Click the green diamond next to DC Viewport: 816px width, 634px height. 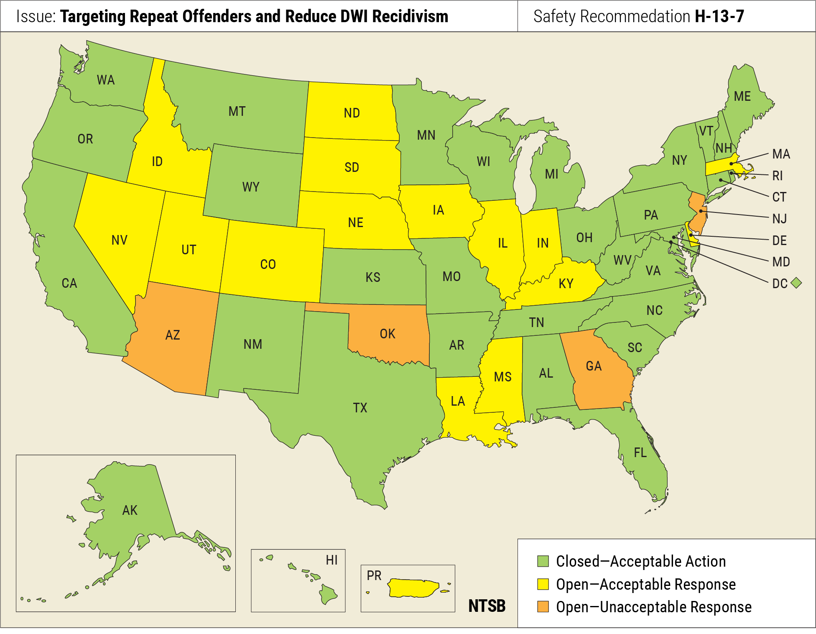[796, 283]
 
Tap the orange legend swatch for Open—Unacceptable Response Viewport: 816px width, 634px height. [543, 607]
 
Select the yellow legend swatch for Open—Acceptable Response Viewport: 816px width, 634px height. [543, 584]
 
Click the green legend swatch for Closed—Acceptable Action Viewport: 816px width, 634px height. [543, 561]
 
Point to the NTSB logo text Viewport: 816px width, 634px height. [487, 606]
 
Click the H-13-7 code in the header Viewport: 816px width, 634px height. [719, 16]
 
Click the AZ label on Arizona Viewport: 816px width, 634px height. [173, 335]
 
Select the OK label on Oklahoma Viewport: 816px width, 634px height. [388, 334]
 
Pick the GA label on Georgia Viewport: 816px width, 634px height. [594, 366]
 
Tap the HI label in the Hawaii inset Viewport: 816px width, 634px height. [331, 560]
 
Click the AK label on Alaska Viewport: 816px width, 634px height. [130, 510]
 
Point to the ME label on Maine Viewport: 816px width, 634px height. [742, 96]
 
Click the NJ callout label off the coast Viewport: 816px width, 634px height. [779, 218]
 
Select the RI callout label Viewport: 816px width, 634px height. [777, 176]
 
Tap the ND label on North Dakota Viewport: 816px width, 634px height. [352, 113]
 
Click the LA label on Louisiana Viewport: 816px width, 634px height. [458, 401]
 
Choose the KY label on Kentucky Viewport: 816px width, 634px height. [566, 284]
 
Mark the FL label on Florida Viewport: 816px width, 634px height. [640, 452]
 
